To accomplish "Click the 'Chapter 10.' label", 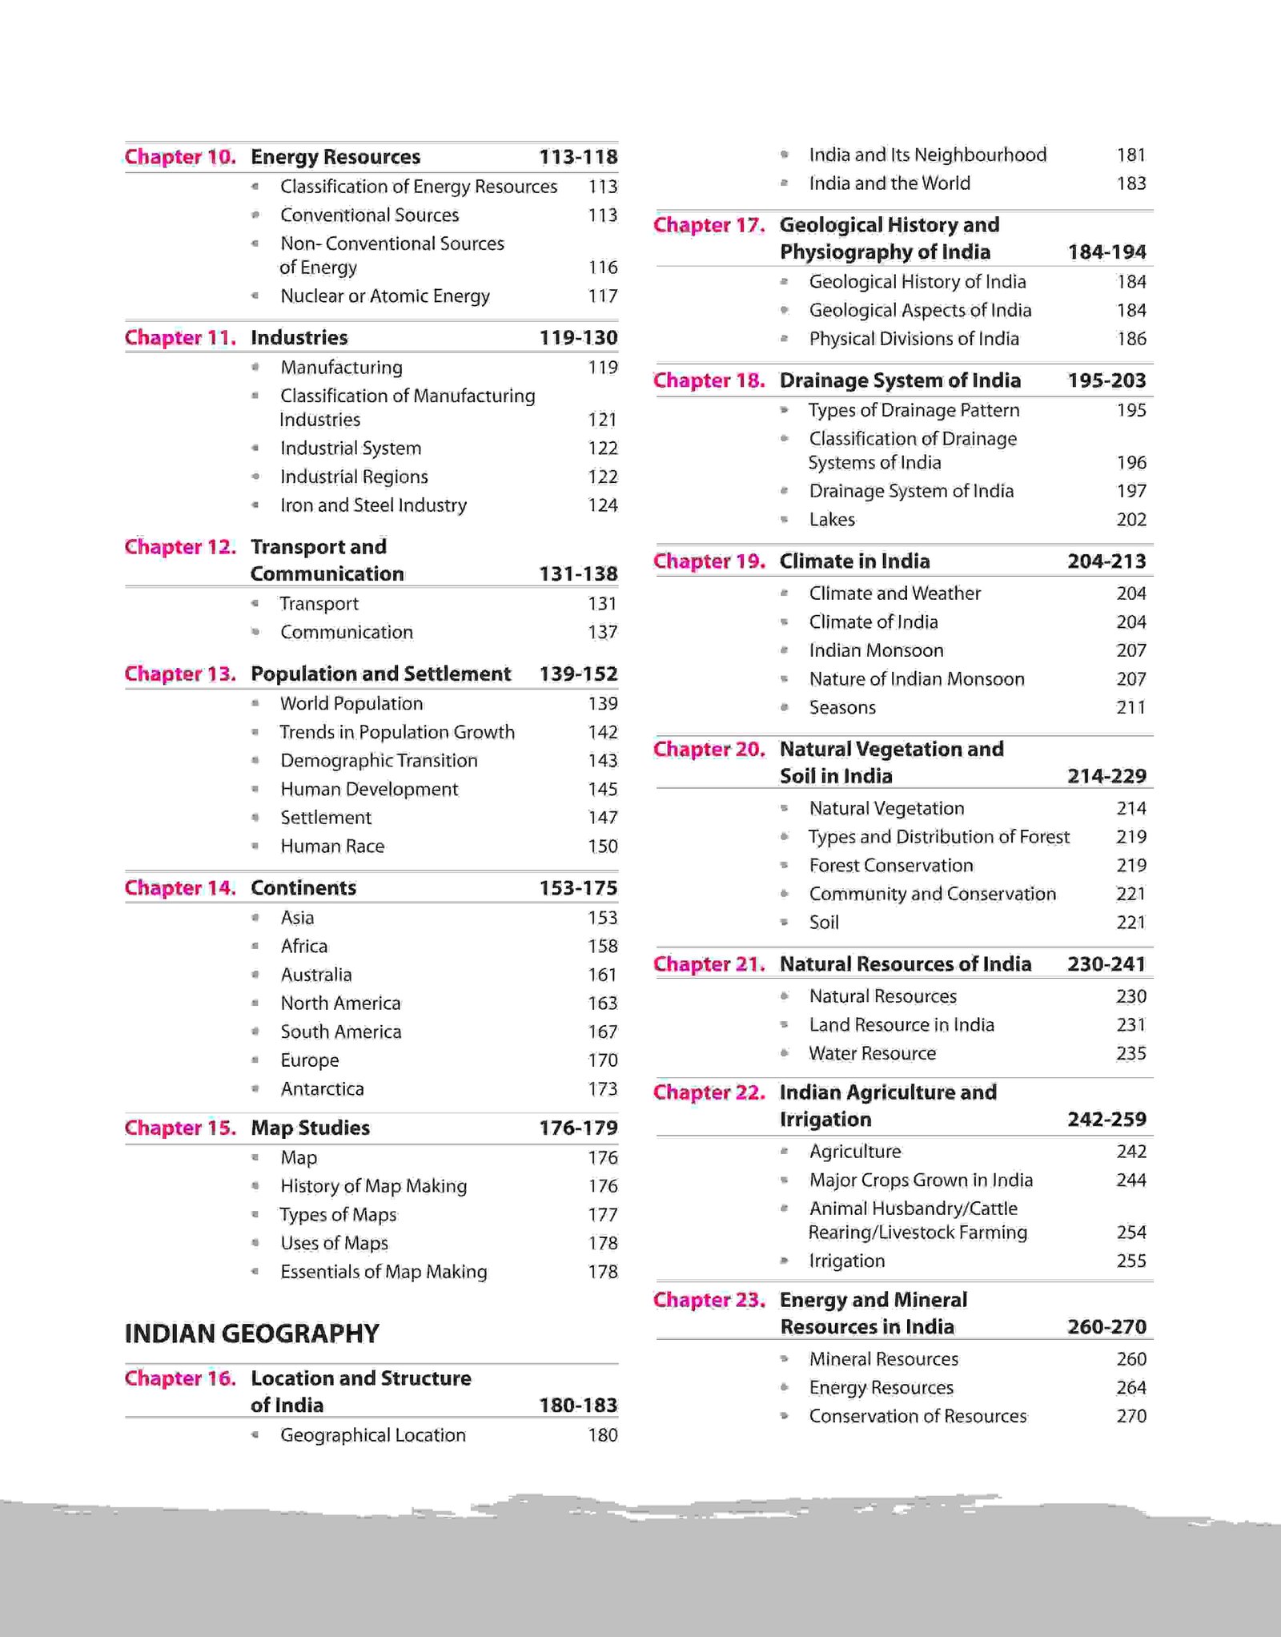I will (180, 157).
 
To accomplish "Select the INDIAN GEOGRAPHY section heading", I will (251, 1333).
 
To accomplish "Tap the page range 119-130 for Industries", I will (578, 338).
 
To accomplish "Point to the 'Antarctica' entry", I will (322, 1089).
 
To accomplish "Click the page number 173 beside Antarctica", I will (602, 1089).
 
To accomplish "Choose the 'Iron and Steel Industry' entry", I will (373, 505).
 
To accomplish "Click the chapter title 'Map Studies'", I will (310, 1128).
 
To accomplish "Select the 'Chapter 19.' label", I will (709, 561).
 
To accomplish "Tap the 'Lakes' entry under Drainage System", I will (832, 520).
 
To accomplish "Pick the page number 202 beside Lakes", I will (1131, 520).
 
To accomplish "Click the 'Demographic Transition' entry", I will (379, 761).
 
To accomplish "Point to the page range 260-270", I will (1106, 1327).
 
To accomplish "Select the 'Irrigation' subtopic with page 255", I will (846, 1261).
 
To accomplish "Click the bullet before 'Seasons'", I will (785, 708).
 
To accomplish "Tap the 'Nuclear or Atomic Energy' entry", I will (384, 296).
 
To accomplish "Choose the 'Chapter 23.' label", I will (709, 1300).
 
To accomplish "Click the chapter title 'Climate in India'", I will (854, 561).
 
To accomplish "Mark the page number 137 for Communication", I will (602, 633).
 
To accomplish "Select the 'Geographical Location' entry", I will (372, 1435).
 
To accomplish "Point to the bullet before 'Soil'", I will (785, 923).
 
